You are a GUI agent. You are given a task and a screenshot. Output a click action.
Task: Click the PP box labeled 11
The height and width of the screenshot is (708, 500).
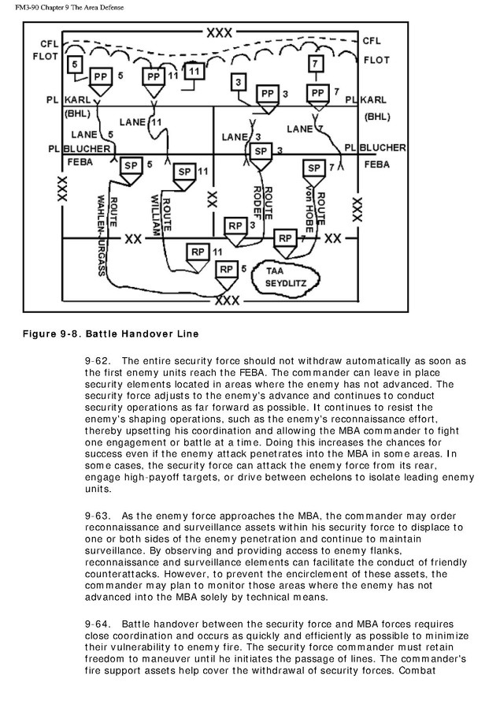point(153,77)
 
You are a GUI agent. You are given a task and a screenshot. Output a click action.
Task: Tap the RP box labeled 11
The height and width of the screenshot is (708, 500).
point(198,252)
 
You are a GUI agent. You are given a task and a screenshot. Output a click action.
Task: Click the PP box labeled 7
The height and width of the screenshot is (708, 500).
point(317,93)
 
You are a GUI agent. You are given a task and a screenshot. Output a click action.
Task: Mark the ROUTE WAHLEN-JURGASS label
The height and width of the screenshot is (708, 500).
point(107,236)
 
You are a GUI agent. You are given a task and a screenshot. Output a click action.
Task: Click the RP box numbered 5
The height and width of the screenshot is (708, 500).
point(227,270)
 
